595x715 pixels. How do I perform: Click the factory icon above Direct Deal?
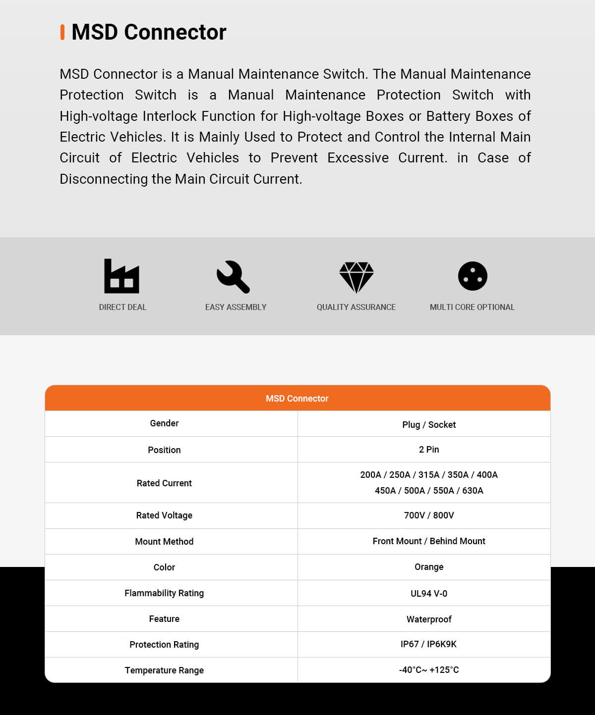pyautogui.click(x=121, y=276)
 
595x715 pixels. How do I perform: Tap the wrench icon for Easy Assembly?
pyautogui.click(x=233, y=276)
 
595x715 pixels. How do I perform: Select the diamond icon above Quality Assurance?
pyautogui.click(x=356, y=277)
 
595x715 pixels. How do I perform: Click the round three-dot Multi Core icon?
pyautogui.click(x=473, y=276)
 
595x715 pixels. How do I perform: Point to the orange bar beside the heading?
pyautogui.click(x=62, y=32)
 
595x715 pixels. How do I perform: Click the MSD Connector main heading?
pyautogui.click(x=149, y=32)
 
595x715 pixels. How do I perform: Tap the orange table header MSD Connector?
pyautogui.click(x=297, y=399)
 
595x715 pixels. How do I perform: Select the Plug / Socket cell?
pyautogui.click(x=429, y=424)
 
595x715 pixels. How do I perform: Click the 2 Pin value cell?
pyautogui.click(x=429, y=450)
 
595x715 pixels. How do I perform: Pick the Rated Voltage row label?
pyautogui.click(x=164, y=515)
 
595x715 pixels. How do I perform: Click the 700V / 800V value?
pyautogui.click(x=429, y=515)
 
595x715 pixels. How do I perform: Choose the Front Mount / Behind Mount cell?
pyautogui.click(x=429, y=541)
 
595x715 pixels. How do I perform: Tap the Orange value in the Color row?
pyautogui.click(x=429, y=567)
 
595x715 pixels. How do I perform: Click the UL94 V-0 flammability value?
pyautogui.click(x=429, y=593)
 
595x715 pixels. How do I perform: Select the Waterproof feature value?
pyautogui.click(x=429, y=619)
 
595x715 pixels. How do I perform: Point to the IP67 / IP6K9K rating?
pyautogui.click(x=429, y=644)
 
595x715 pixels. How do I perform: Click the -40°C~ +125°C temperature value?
pyautogui.click(x=429, y=670)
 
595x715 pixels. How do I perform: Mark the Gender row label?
pyautogui.click(x=164, y=423)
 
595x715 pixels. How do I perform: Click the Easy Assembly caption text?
pyautogui.click(x=236, y=307)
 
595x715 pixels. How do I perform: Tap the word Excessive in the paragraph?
pyautogui.click(x=358, y=158)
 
